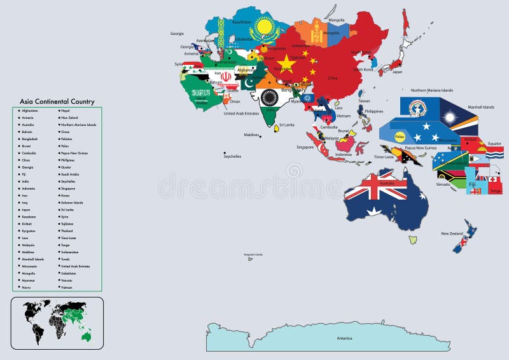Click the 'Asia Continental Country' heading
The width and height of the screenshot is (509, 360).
point(57,102)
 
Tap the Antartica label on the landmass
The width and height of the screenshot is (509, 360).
point(344,338)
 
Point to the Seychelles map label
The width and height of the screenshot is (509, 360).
point(232,156)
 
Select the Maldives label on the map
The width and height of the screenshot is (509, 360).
point(252,135)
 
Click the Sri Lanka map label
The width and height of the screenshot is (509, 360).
point(286,125)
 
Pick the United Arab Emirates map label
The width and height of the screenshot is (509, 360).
point(241,114)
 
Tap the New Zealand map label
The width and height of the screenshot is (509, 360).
point(452,234)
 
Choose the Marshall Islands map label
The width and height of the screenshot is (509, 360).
point(480,107)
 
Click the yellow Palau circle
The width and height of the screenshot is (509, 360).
point(400,136)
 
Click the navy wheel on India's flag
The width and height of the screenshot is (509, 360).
point(269,97)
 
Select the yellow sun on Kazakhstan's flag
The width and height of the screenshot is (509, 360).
point(264,29)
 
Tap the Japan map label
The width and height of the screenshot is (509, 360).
point(396,72)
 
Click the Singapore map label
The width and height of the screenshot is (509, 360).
point(305,147)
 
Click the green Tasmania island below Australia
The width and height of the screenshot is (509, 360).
point(413,240)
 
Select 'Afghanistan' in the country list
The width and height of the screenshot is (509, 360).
point(29,111)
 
